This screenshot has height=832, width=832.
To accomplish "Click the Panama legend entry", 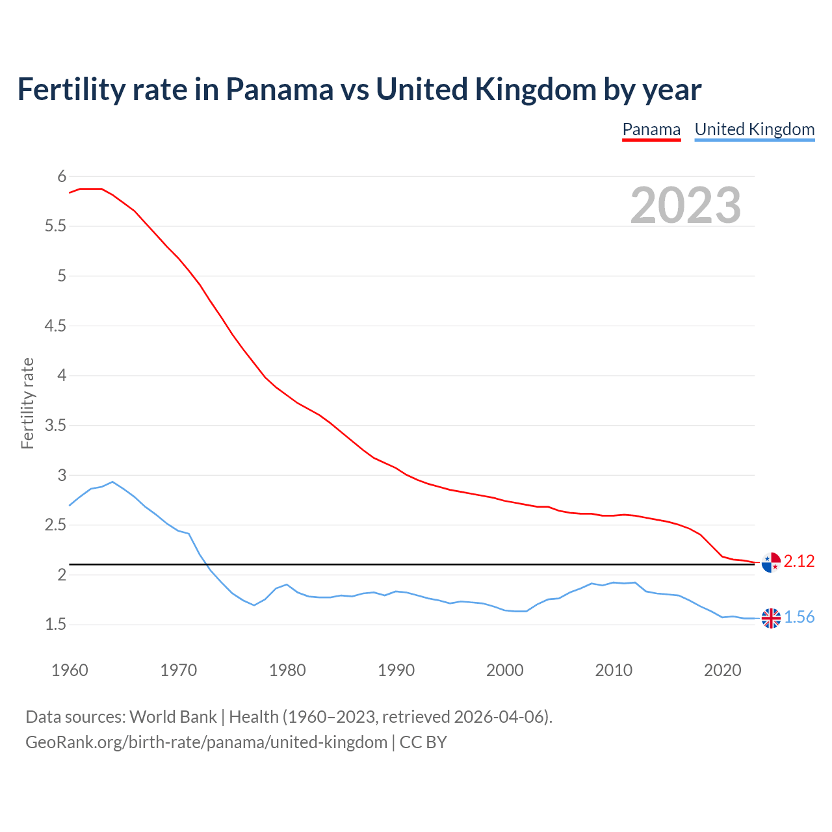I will click(x=651, y=129).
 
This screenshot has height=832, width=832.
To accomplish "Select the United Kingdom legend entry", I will click(x=754, y=129).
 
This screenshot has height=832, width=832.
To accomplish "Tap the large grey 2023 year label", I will click(x=686, y=205).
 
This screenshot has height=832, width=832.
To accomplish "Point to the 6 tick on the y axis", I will click(x=62, y=176).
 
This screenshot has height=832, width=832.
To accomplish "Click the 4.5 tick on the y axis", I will click(x=55, y=326).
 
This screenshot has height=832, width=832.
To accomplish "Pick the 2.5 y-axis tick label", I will click(x=55, y=525).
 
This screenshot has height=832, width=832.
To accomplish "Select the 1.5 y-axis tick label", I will click(x=55, y=625).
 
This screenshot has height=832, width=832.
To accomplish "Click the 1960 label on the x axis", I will click(x=70, y=670).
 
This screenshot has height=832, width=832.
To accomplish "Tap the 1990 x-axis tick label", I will click(x=396, y=670).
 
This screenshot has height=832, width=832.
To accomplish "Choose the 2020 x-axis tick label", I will click(x=722, y=670).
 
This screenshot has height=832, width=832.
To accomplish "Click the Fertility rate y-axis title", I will click(x=27, y=403).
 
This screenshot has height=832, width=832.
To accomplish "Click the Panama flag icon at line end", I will click(x=771, y=562).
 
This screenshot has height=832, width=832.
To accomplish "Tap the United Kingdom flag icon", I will click(x=771, y=618).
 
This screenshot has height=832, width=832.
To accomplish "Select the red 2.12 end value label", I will click(x=799, y=561).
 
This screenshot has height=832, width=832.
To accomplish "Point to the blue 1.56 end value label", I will click(x=799, y=617).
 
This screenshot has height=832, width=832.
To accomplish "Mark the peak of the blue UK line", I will click(x=112, y=482).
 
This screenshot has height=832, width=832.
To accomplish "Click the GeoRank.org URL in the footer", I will click(x=206, y=742).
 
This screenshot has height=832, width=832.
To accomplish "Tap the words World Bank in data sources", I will click(x=173, y=717).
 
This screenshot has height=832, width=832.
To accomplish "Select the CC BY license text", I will click(x=423, y=742).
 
